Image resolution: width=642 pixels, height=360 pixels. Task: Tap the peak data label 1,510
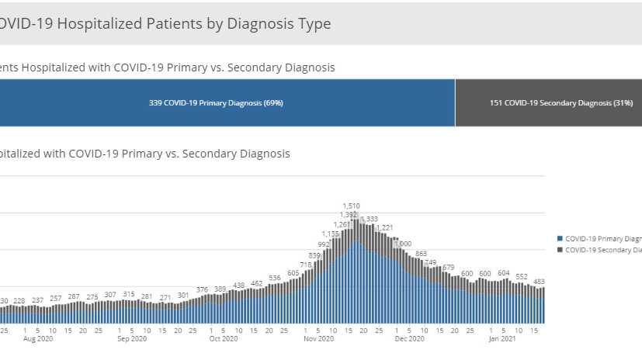[351, 206]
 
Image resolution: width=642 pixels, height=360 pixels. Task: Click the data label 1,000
[403, 244]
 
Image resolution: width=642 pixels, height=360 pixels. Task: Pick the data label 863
[422, 254]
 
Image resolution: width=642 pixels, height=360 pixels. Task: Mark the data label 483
[538, 282]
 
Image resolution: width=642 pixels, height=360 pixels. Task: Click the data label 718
[305, 265]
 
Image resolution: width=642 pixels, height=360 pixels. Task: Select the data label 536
[275, 278]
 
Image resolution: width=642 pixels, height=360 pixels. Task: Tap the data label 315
[129, 294]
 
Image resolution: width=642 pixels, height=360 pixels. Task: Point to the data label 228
[19, 301]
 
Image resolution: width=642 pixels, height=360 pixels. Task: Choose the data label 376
[202, 289]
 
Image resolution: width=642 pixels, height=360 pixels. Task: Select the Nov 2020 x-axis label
[318, 339]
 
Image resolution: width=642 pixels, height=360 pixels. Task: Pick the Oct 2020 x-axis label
[224, 339]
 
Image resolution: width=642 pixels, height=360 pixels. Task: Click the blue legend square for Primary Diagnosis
[560, 239]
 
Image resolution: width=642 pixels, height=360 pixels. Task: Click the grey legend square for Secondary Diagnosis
[560, 250]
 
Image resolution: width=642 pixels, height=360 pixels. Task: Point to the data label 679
[448, 268]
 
